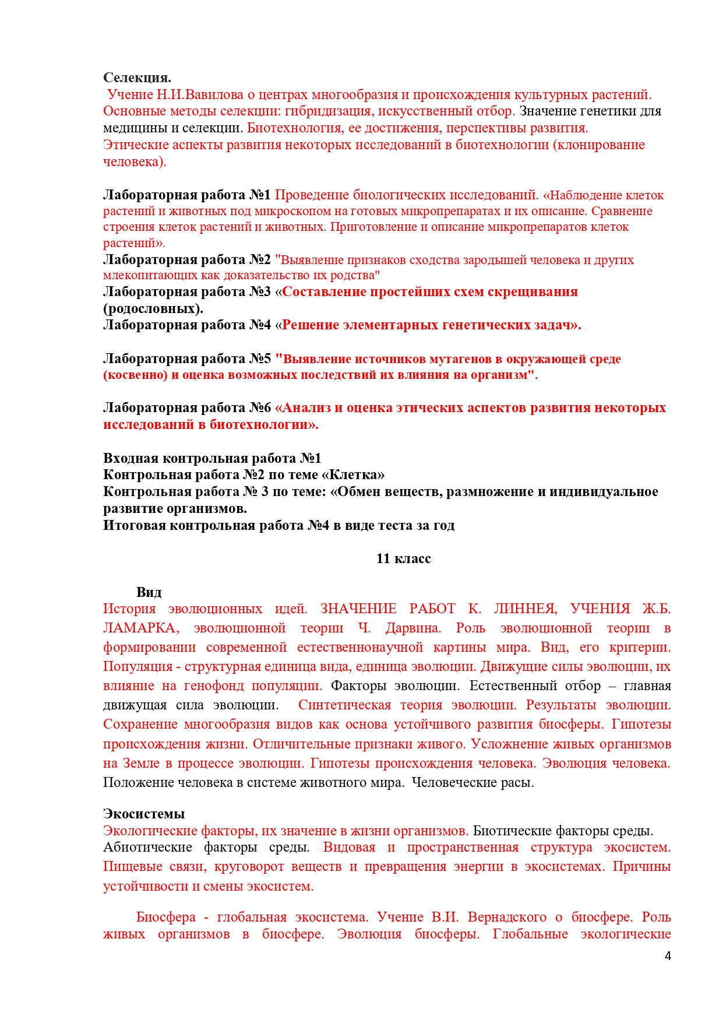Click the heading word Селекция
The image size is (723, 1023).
pos(137,78)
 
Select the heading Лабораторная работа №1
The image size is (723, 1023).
pos(186,195)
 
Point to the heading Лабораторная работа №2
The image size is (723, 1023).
pos(186,259)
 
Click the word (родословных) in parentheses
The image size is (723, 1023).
pos(153,308)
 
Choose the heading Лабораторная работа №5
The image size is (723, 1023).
pos(186,358)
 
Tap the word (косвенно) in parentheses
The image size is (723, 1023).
pos(135,375)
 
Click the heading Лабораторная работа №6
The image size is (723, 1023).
pos(186,407)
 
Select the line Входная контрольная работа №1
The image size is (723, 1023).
pos(212,458)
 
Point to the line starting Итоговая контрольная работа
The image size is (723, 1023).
pos(278,525)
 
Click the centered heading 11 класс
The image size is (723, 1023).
pos(403,558)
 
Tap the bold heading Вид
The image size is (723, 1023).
pos(149,592)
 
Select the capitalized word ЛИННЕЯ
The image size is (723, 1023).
pos(525,609)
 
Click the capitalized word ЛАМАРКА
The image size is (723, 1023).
pos(140,628)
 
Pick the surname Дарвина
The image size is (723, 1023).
pos(413,628)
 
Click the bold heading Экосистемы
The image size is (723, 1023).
pos(144,814)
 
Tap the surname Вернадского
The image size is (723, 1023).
pos(507,917)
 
